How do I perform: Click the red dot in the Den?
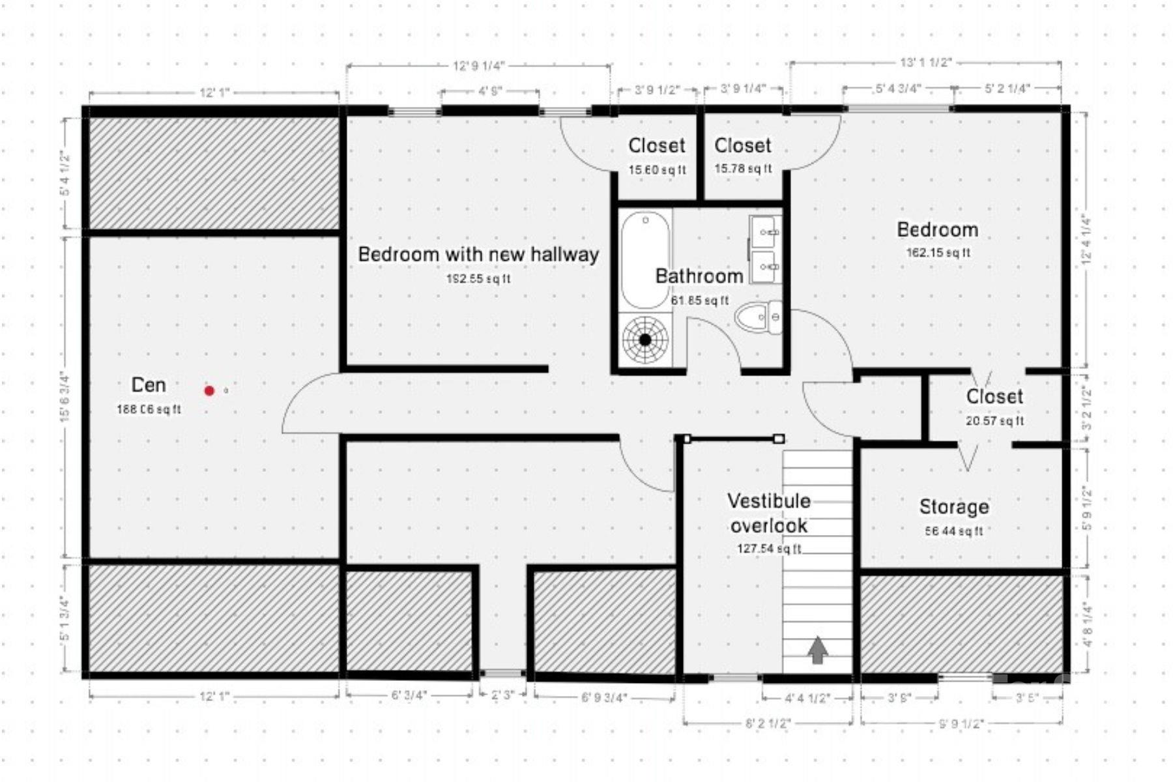click(x=209, y=390)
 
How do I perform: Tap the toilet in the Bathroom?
click(x=759, y=317)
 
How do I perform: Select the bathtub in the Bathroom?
click(x=645, y=259)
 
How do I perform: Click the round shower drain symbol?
click(x=645, y=340)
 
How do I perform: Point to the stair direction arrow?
click(x=818, y=650)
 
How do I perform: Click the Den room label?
click(x=149, y=385)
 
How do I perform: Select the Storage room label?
click(x=954, y=506)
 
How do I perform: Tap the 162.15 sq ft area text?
click(x=938, y=253)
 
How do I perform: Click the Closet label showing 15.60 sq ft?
click(x=657, y=145)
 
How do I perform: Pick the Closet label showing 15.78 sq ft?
click(x=743, y=145)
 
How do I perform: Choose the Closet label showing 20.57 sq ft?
click(x=994, y=396)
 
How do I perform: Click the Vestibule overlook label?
click(x=769, y=513)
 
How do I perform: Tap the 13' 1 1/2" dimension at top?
click(x=926, y=63)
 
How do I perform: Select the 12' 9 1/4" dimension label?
click(x=479, y=66)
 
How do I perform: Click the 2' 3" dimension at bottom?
click(x=502, y=695)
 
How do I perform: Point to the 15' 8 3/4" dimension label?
click(x=64, y=396)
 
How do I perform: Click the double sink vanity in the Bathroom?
click(x=764, y=250)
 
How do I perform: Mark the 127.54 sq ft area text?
click(x=769, y=549)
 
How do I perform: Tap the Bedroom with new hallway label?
click(x=478, y=254)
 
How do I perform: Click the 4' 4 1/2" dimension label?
click(x=807, y=699)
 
